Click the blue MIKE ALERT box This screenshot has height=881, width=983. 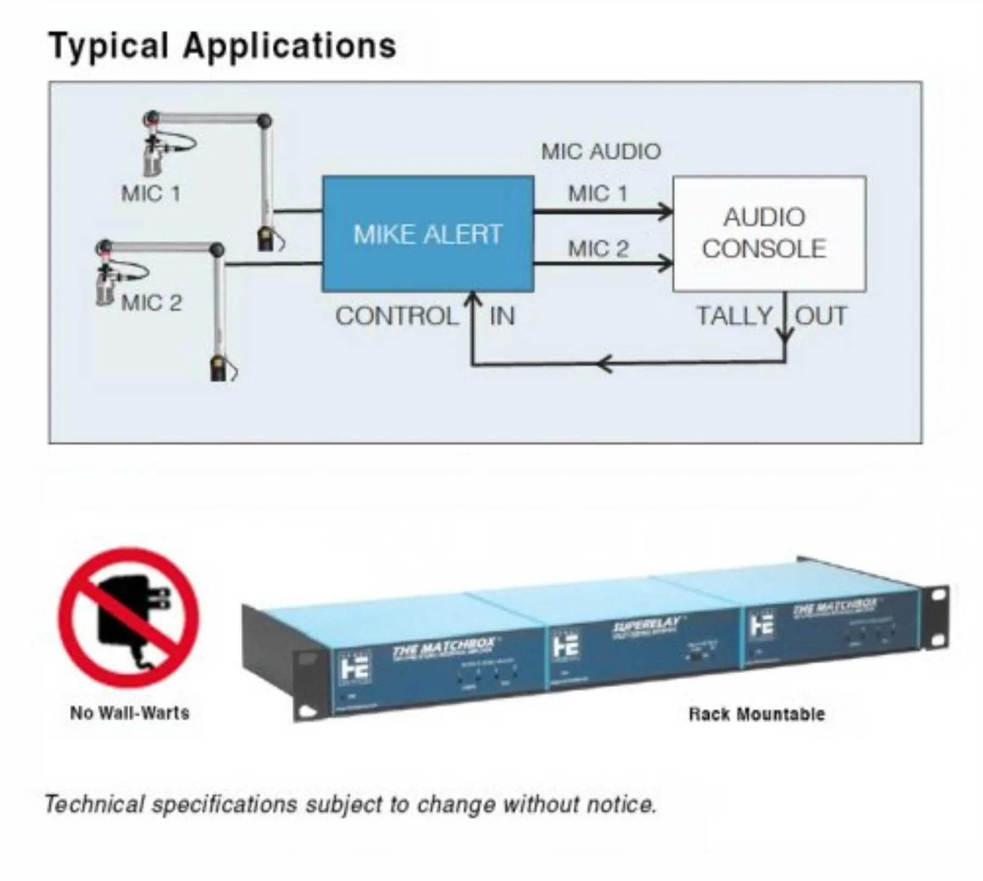coord(428,234)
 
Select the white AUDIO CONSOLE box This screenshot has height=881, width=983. coord(769,234)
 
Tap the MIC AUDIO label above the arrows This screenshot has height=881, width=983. coord(601,152)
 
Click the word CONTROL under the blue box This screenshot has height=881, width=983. coord(397,316)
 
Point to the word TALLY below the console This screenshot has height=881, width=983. coord(734,316)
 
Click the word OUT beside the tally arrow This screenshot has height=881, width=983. coord(821,316)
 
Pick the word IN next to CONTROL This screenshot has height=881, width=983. coord(502,316)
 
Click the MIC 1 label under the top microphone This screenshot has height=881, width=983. coord(151,194)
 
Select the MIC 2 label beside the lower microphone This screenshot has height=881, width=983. coord(152,303)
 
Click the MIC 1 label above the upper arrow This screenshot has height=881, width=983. coord(597,194)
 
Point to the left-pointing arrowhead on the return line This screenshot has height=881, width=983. coord(604,363)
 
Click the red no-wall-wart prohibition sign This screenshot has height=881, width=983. coord(129,618)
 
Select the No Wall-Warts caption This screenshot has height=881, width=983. coord(129,713)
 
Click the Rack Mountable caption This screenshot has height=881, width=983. coord(757,714)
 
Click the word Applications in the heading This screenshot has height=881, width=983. coord(289,46)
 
